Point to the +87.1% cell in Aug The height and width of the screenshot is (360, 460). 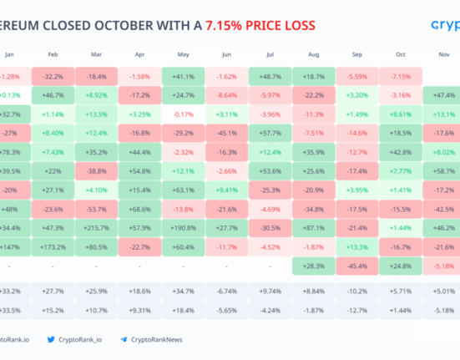[x=314, y=226]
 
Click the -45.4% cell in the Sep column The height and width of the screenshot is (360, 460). [x=357, y=266]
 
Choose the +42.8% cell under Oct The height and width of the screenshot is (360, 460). [x=401, y=151]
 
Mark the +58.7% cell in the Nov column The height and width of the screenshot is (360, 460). [x=442, y=170]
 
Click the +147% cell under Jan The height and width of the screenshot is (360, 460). [x=10, y=247]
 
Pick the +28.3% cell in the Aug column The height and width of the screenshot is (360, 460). [x=314, y=266]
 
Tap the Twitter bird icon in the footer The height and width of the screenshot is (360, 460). [x=52, y=339]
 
